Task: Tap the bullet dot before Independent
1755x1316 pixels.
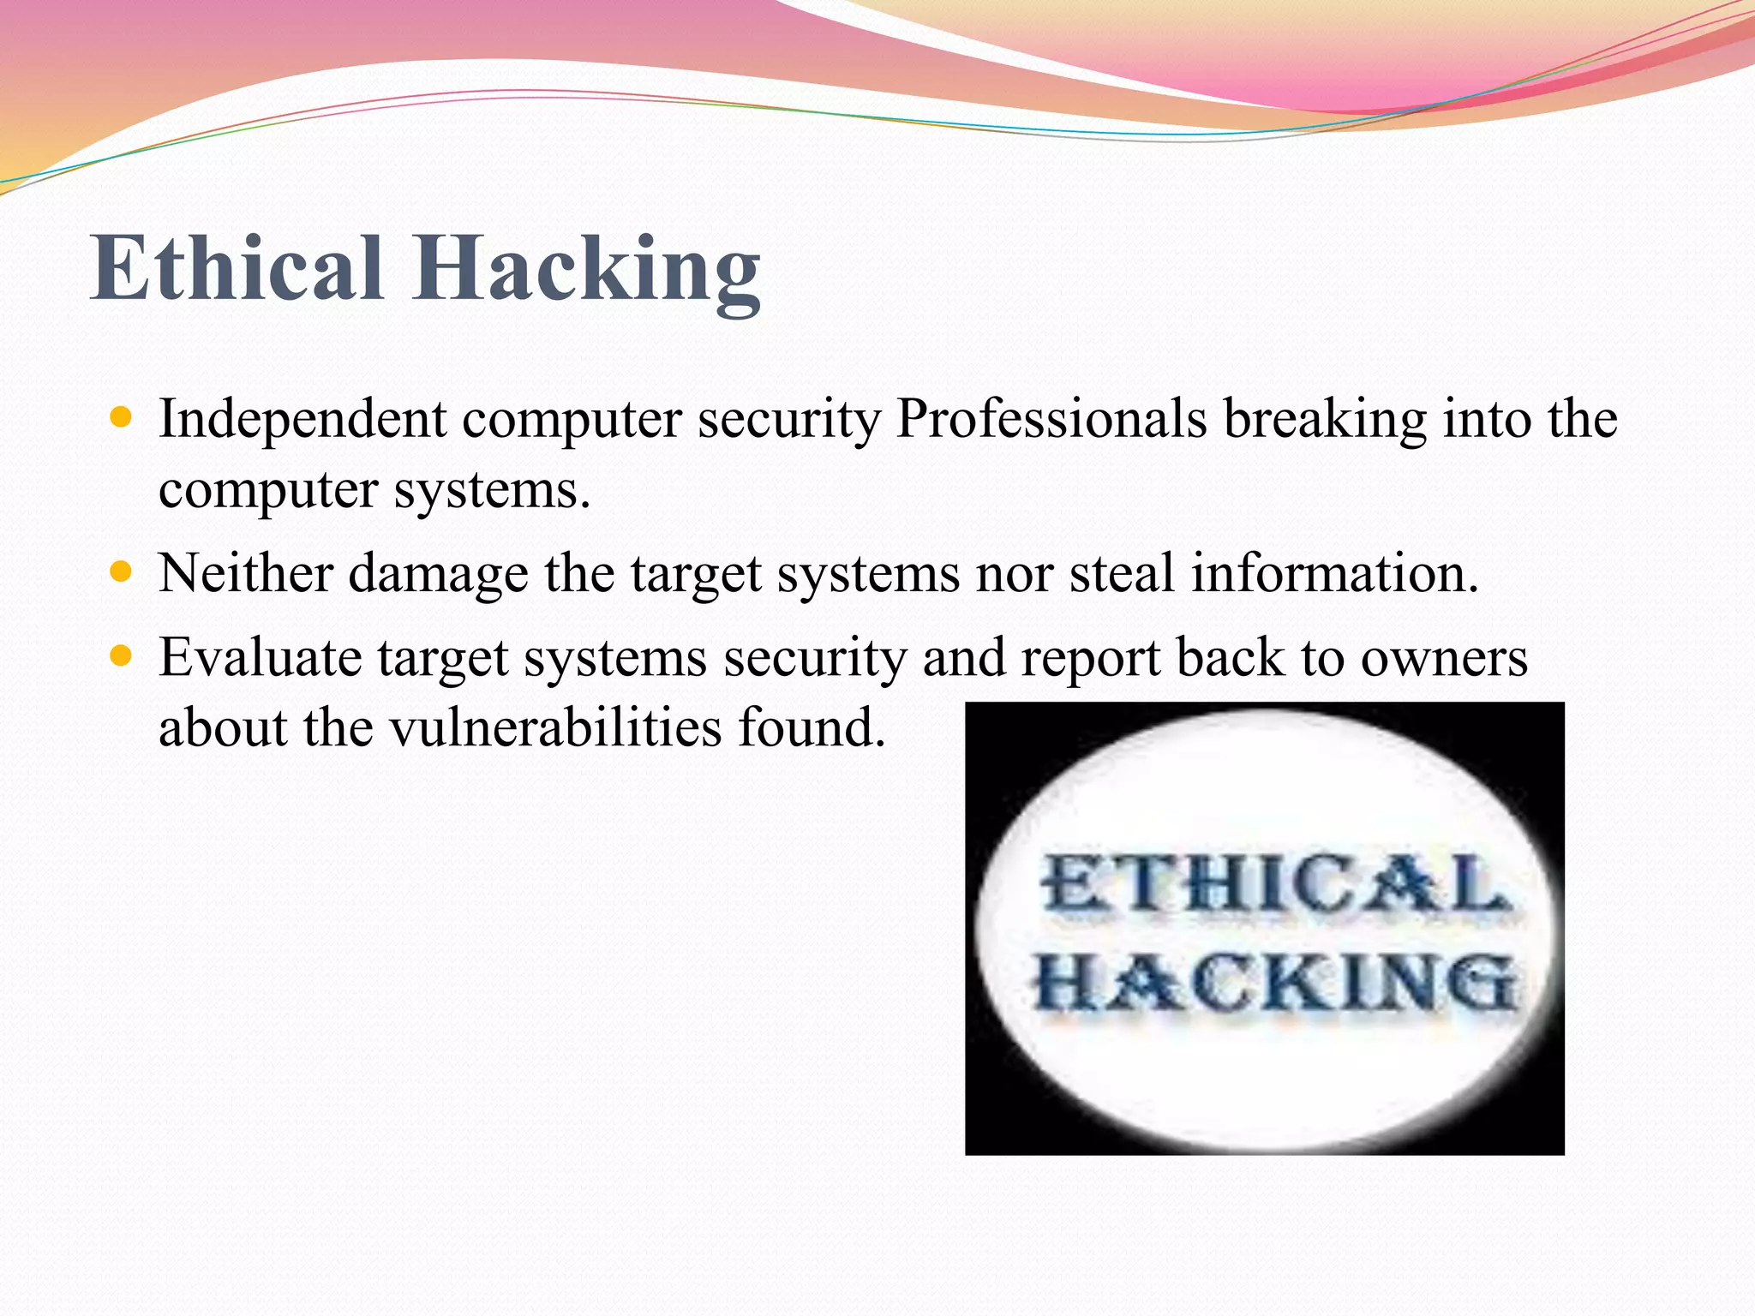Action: (x=122, y=418)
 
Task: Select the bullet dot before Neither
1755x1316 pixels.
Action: (x=122, y=571)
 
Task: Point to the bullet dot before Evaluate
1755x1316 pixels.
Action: (x=122, y=656)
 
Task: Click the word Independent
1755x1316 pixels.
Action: (x=302, y=420)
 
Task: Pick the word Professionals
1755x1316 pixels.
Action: (x=1051, y=420)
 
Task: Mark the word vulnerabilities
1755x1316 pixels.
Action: (x=556, y=727)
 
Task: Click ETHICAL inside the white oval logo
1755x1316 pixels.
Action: (x=1275, y=884)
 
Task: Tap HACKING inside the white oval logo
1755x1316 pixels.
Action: (x=1275, y=984)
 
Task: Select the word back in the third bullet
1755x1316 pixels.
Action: (x=1230, y=658)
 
